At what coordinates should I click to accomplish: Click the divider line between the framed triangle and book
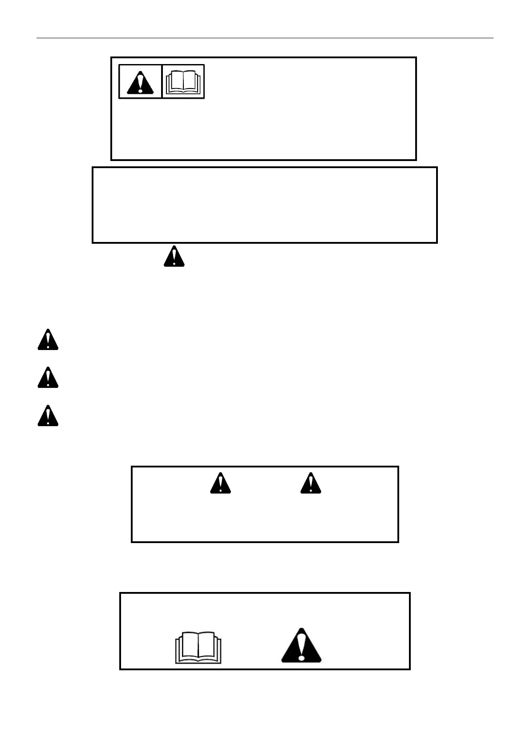[162, 81]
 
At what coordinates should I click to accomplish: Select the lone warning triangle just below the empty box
[174, 257]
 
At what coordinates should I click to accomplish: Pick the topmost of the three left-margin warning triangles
[48, 341]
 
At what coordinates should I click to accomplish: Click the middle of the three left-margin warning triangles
[48, 379]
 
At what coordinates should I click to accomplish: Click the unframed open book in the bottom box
[198, 648]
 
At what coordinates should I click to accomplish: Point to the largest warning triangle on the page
[301, 647]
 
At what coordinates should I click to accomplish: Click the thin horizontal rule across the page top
[265, 38]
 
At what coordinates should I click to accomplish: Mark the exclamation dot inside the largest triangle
[302, 657]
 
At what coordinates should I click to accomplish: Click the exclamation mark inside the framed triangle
[141, 83]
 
